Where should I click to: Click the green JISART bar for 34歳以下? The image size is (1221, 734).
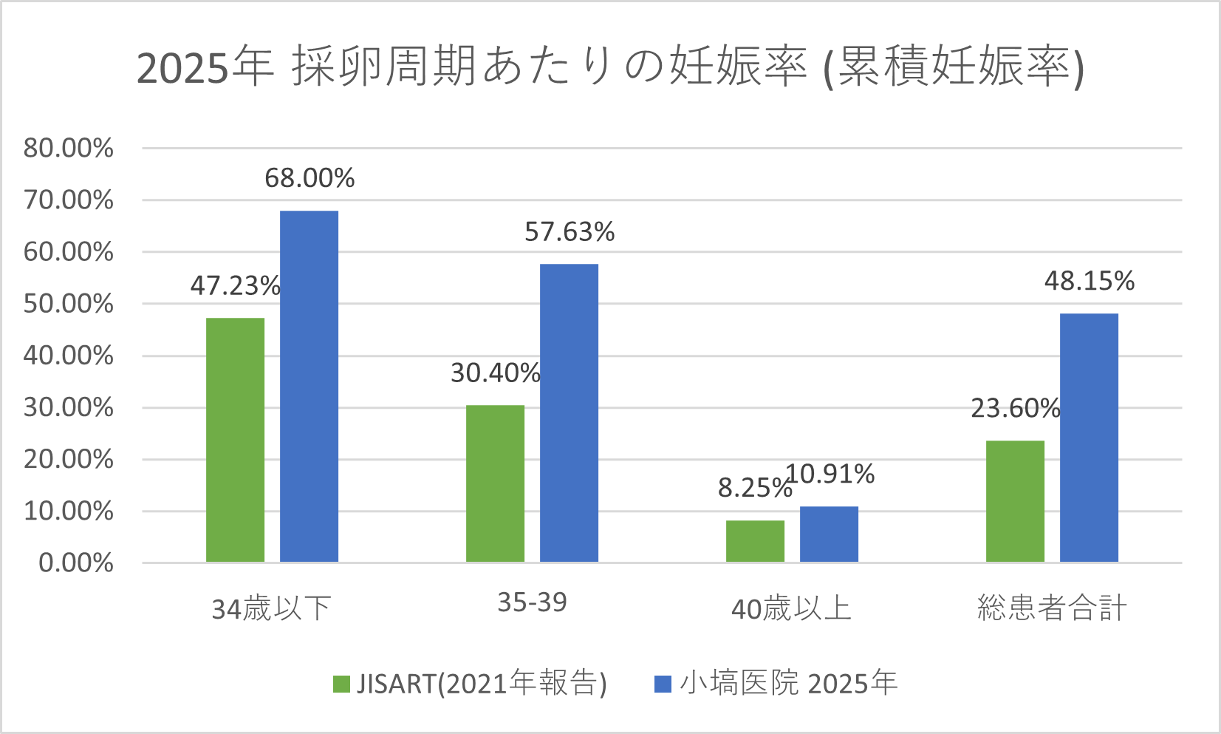(235, 440)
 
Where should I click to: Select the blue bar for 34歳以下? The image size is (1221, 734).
(309, 386)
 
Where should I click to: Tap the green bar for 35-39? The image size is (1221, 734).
(495, 483)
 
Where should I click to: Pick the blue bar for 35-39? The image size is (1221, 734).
(569, 412)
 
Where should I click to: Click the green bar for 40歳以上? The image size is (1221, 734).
(755, 541)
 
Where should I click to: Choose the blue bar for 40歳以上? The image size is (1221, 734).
(829, 534)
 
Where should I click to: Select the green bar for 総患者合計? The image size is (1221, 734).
(1015, 501)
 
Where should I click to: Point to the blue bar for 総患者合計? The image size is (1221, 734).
(1089, 438)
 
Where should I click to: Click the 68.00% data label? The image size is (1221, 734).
(309, 178)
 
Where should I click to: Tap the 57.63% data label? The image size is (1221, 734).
(570, 232)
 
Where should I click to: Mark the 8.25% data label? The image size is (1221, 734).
(753, 488)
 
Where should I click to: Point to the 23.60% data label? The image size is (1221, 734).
(1015, 408)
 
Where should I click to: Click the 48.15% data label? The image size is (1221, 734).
(1089, 281)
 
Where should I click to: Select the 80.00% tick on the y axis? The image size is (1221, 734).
(69, 148)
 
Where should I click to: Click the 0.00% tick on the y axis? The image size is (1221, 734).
(76, 563)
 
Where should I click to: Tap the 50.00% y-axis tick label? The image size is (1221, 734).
(69, 304)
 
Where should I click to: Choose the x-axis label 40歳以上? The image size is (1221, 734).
(791, 609)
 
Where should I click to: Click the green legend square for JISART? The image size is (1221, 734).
(341, 684)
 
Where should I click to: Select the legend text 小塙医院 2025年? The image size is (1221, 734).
(788, 683)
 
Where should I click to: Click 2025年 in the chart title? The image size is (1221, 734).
(205, 68)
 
